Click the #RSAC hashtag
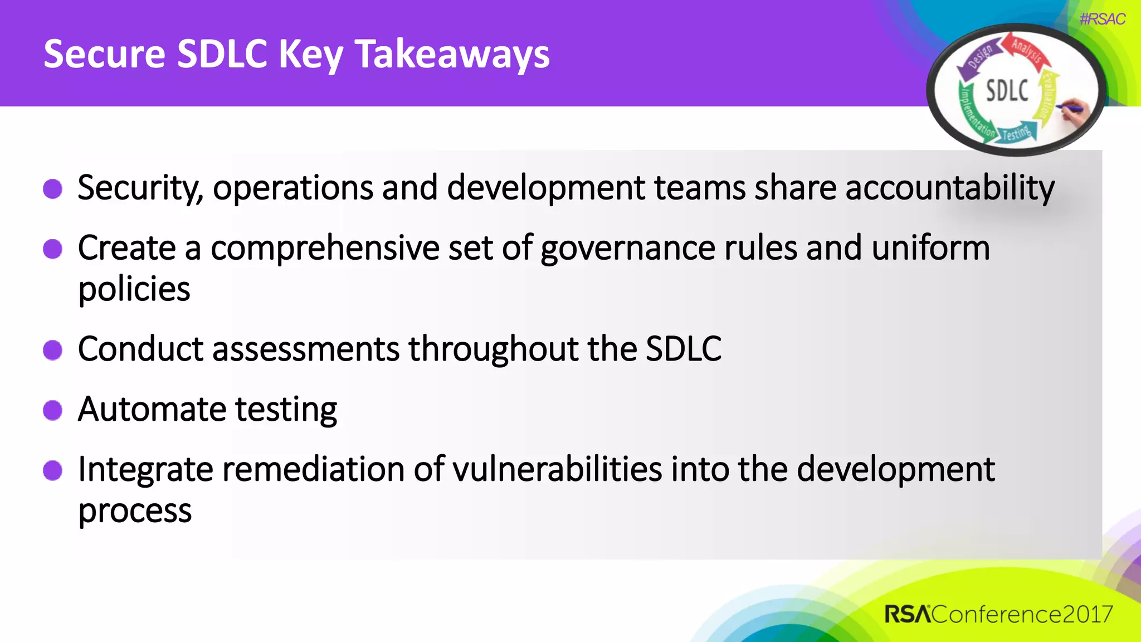[1102, 20]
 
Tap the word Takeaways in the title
[452, 55]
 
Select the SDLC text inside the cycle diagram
[1007, 90]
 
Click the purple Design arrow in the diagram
[977, 59]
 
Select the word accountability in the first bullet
[949, 187]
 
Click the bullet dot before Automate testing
[53, 410]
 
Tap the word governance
[627, 248]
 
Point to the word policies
[134, 289]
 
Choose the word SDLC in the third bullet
[683, 349]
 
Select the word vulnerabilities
[557, 469]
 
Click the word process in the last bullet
[135, 510]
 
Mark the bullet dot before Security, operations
[53, 188]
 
